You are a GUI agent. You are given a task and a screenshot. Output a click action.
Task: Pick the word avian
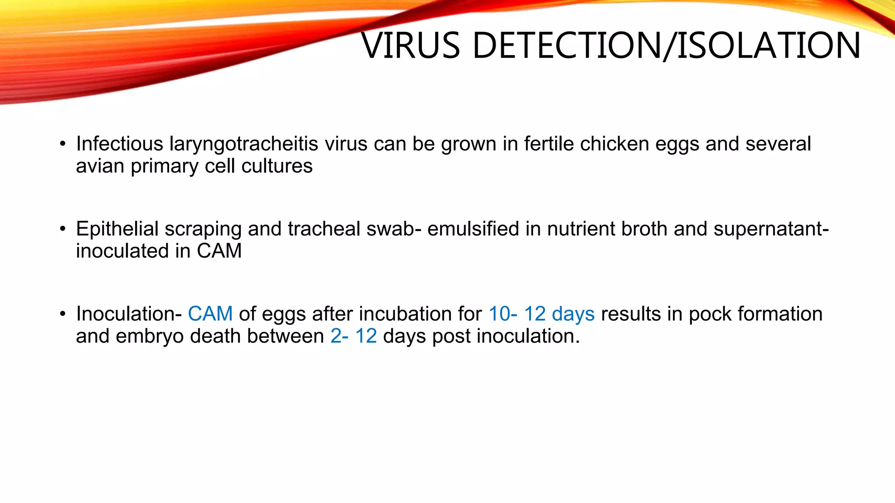click(x=100, y=166)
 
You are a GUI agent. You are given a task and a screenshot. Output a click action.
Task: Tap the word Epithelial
click(x=117, y=229)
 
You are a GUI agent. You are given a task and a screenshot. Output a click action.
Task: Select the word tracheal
click(x=324, y=229)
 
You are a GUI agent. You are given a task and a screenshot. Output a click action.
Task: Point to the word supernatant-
click(x=771, y=229)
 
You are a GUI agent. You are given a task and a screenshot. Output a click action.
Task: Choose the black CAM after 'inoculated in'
click(x=219, y=251)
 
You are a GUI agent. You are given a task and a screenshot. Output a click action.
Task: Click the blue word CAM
click(x=210, y=314)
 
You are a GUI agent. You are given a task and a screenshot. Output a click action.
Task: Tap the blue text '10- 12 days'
click(x=541, y=314)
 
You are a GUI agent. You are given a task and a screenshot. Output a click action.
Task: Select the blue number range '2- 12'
click(x=353, y=336)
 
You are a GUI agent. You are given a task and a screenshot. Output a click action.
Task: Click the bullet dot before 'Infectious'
click(x=63, y=144)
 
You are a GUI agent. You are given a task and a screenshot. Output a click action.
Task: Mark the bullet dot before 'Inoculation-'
click(x=63, y=314)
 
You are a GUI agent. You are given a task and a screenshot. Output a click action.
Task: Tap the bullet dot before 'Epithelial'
click(x=63, y=229)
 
